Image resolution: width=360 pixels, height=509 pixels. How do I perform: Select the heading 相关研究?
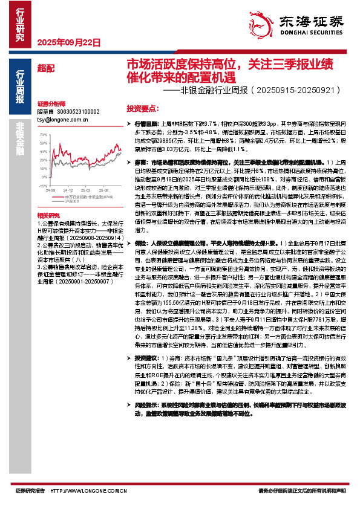tap(47, 215)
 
